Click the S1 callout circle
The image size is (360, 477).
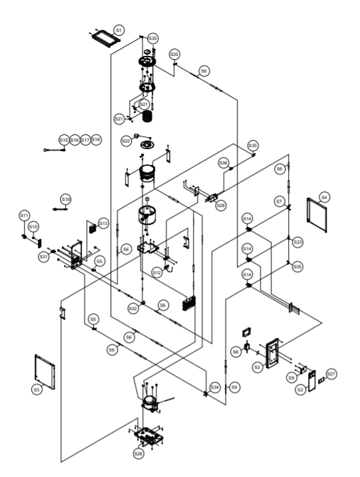coord(118,30)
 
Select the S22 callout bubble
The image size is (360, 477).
coord(126,141)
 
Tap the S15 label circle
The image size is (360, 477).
coord(63,140)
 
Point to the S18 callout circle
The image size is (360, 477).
coord(96,140)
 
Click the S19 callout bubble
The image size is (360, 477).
coord(65,198)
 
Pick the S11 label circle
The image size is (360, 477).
coord(23,216)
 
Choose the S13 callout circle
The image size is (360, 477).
coord(103,223)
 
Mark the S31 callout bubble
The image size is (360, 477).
coord(43,256)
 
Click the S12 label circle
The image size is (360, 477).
coord(156,272)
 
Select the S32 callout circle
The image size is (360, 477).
coord(133,309)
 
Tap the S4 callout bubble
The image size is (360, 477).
coord(325,197)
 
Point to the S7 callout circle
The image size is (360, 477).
coord(279,201)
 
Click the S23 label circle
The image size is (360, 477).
coord(297,241)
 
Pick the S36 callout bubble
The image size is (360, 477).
coord(224,162)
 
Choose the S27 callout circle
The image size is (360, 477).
coord(331,374)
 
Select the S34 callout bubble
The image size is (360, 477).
coord(214,387)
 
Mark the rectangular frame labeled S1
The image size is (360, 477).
coord(103,37)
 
